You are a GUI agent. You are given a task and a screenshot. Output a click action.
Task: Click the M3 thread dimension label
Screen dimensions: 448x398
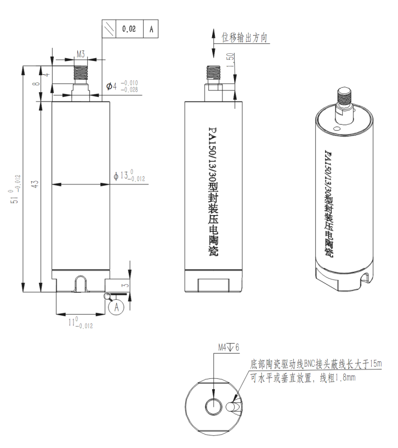click(80, 54)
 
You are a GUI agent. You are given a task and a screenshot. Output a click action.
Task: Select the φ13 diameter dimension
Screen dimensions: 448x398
click(129, 176)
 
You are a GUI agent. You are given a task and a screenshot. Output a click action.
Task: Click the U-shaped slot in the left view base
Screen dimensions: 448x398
click(81, 283)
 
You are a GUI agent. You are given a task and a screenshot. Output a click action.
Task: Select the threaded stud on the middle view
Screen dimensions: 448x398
click(213, 75)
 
